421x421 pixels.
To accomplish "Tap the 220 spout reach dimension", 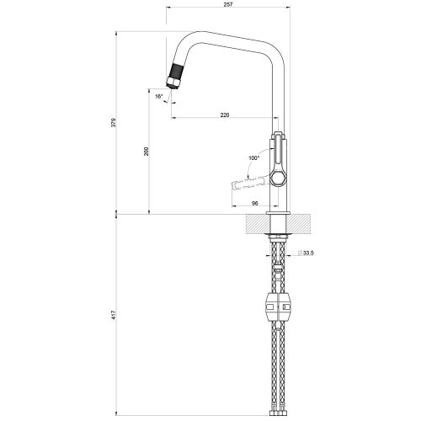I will (x=225, y=114).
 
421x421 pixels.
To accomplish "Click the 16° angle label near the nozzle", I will (x=158, y=97).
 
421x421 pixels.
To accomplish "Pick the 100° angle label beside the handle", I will (x=255, y=157).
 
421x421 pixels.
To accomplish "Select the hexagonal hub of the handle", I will (x=280, y=180).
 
